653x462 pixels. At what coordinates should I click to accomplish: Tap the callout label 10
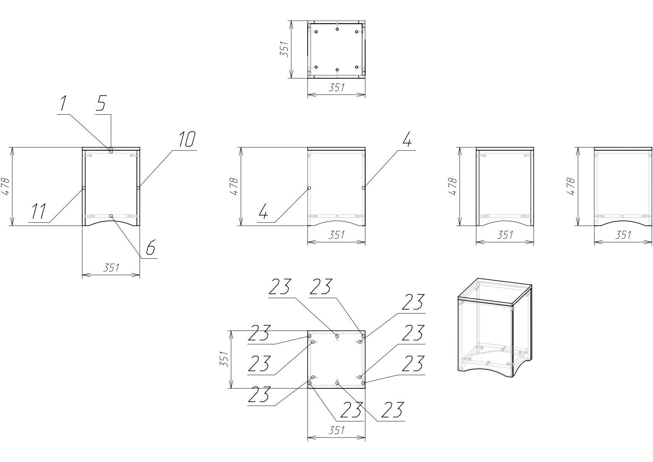pos(186,140)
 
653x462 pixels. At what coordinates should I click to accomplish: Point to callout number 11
pos(38,211)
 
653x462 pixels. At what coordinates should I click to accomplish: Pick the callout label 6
pos(150,247)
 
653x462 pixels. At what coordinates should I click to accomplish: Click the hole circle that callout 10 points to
pos(138,188)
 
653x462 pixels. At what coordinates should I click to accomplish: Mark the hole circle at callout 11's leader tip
pos(84,188)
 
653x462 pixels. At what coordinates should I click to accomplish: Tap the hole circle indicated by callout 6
pos(111,216)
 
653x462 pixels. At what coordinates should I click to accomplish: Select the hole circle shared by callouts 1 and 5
pos(111,151)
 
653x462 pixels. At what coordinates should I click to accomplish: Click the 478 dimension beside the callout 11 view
pos(6,187)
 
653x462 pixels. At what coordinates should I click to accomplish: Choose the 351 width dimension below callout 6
pos(111,268)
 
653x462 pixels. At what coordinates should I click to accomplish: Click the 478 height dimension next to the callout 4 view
pos(234,187)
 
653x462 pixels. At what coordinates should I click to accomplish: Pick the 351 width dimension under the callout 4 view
pos(336,235)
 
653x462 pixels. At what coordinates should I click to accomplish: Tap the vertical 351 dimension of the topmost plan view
pos(284,49)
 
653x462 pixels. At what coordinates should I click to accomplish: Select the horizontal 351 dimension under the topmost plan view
pos(336,87)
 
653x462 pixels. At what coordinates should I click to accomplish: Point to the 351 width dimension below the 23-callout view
pos(336,430)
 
